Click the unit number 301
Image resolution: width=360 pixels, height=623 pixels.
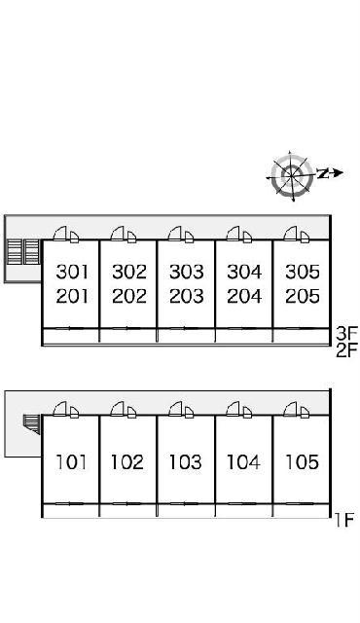pos(72,272)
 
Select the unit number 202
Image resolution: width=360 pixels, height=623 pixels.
pos(129,296)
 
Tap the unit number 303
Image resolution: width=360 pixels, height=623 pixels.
pos(187,272)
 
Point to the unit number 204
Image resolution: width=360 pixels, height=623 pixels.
pos(244,296)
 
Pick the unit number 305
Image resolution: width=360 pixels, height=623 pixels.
pos(303,272)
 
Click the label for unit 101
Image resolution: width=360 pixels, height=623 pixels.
pos(71,462)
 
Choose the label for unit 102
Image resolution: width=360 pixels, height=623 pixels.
pos(127,462)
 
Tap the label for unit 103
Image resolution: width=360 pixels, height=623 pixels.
pos(186,462)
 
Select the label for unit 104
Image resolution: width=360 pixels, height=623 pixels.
pos(243,462)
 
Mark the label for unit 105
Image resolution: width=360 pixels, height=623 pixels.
pos(302,462)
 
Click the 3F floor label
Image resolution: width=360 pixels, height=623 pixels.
pos(347,331)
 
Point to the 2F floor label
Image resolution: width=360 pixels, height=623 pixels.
pos(347,350)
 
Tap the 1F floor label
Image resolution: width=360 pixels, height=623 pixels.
pos(343,520)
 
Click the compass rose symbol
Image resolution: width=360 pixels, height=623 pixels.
pos(291,175)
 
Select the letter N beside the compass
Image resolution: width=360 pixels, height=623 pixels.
pos(323,173)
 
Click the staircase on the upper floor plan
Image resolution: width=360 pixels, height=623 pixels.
pos(24,252)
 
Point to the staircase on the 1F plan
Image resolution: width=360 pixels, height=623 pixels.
pos(32,424)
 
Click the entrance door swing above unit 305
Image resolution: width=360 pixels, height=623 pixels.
pos(297,234)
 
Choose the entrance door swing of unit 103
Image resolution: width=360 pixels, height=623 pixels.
pos(181,409)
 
